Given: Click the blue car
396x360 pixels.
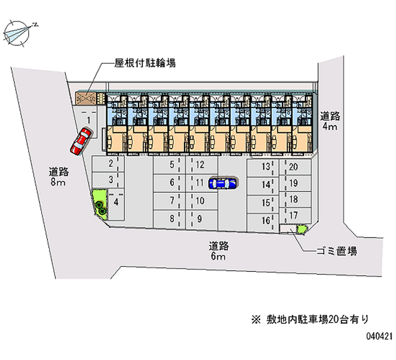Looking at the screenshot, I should pos(223,183).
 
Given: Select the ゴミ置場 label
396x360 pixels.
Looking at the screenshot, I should pos(336,251).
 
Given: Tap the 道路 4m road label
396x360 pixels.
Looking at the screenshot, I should pos(329,121).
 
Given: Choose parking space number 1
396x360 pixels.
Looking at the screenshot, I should pos(89,120).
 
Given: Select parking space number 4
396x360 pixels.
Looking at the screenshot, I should pos(116,203).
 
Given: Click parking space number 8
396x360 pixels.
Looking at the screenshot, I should pos(172,218).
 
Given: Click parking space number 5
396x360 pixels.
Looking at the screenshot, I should pos(172,165).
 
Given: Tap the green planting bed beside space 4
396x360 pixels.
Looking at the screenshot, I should pos(100,203).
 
